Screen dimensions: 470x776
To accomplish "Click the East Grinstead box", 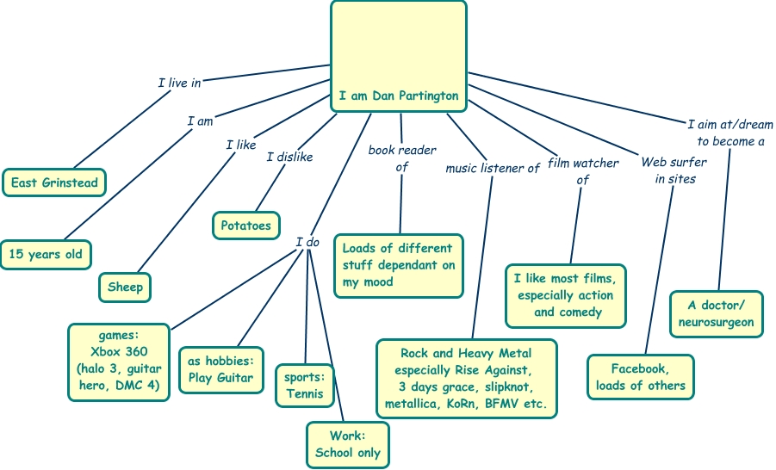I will (x=53, y=182).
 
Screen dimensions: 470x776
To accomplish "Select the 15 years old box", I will (x=46, y=255).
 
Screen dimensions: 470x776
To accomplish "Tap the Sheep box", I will (x=125, y=287).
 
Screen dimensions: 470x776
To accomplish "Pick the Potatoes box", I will (x=245, y=226).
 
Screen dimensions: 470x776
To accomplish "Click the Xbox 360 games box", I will (x=119, y=361).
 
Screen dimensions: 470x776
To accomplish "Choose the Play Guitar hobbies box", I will (x=220, y=369).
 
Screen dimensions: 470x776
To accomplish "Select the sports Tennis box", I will (x=305, y=386).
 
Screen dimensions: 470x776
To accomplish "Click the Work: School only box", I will (x=347, y=444).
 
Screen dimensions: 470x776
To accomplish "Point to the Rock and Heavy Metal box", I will (x=467, y=378).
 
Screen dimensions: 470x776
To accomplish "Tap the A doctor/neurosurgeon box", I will (x=716, y=313).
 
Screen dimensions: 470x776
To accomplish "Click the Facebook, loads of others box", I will (x=640, y=377).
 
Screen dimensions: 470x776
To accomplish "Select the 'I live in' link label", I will (x=179, y=83).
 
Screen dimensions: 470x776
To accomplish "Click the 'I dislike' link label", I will (x=289, y=157).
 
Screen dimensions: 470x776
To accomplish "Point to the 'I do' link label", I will (x=307, y=242).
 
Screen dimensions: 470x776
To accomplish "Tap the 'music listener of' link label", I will (x=492, y=168).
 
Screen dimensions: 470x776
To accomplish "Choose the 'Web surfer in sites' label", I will (x=674, y=170).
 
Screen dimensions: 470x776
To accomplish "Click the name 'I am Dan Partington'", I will (x=398, y=96).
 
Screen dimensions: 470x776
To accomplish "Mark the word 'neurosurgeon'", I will (x=716, y=323).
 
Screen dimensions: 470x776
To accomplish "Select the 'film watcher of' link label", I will (x=583, y=170).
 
